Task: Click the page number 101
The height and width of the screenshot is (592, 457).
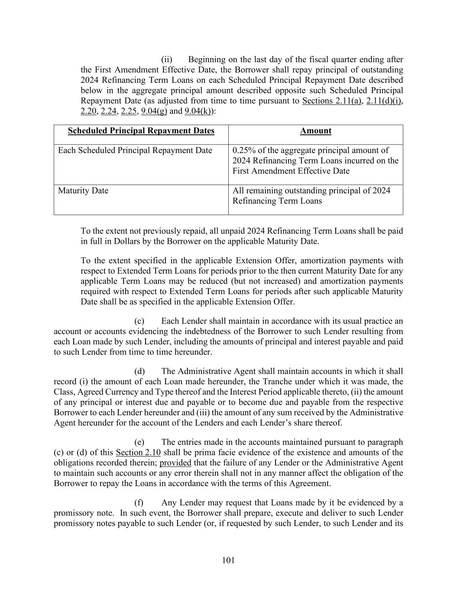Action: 228,560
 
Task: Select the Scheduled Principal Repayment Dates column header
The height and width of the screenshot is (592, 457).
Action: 141,131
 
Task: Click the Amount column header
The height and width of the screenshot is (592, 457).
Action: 315,131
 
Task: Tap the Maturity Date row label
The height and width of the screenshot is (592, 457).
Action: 83,191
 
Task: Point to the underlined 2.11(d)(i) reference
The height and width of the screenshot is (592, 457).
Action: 384,101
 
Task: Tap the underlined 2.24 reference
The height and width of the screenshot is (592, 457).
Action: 108,111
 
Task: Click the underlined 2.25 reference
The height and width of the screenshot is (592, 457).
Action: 129,111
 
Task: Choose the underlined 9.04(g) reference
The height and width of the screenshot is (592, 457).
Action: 154,111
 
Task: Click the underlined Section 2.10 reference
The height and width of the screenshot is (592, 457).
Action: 138,453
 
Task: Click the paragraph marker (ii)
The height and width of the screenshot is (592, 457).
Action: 167,59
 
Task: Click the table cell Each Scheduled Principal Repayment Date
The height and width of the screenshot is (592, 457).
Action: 135,150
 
